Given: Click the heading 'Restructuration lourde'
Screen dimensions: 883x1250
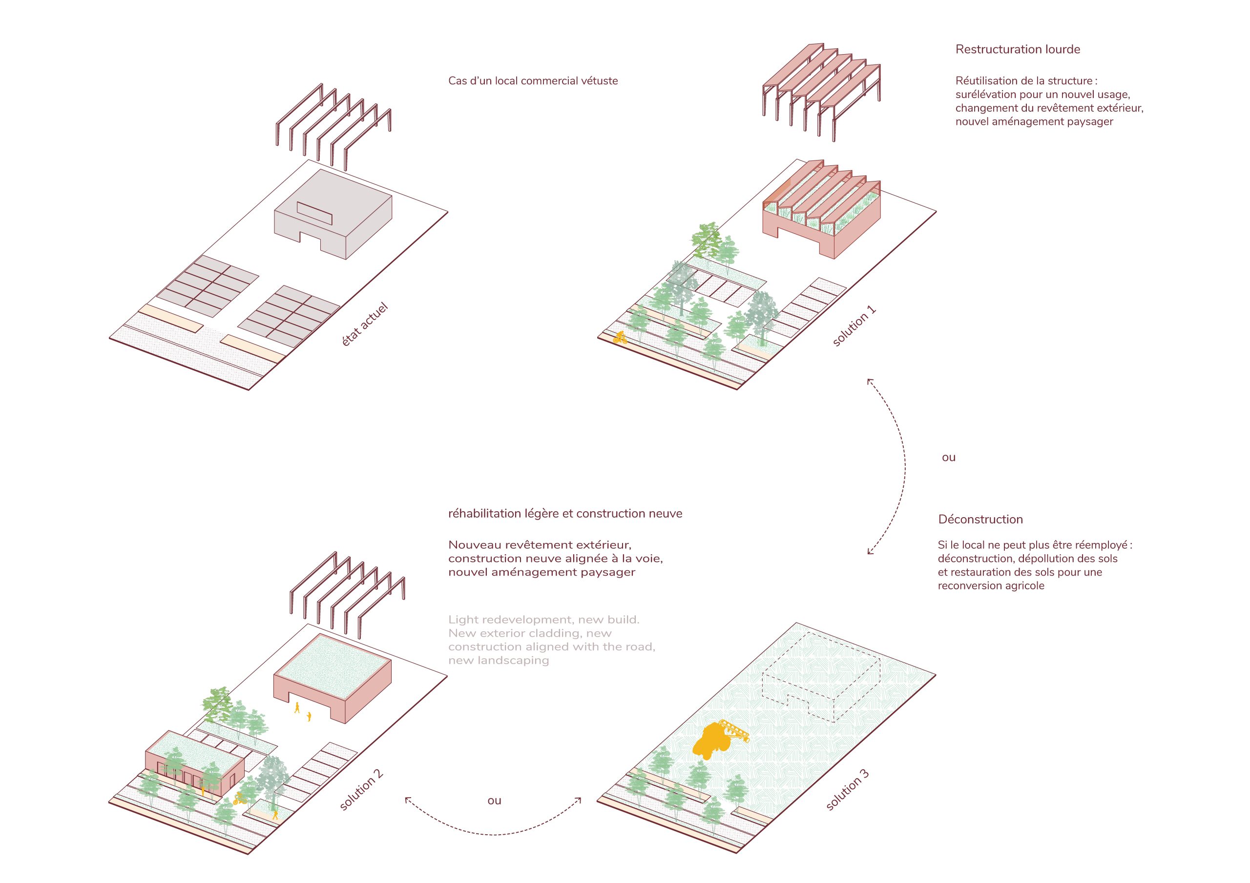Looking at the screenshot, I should coord(1018,49).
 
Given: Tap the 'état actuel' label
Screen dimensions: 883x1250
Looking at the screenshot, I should coord(365,325).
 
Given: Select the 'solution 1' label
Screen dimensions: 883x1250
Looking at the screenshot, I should coord(854,326).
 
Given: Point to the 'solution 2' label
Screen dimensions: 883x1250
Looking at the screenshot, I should coord(361,790).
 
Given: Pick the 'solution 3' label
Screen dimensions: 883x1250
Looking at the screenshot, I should coord(847,790).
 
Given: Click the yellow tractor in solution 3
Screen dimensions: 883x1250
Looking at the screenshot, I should coord(713,742).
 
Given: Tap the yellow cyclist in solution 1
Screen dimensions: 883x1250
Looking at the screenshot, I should coord(620,337).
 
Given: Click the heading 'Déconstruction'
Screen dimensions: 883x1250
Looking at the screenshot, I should coord(980,520).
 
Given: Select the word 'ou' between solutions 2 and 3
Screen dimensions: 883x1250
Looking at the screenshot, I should coord(494,800).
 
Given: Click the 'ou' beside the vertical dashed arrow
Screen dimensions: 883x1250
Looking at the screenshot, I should coord(948,458).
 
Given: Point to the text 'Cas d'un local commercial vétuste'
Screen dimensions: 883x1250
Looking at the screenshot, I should coord(533,81).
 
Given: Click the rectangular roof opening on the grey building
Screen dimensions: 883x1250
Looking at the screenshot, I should coord(314,213).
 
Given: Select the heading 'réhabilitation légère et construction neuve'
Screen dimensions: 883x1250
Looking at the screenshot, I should coord(565,514).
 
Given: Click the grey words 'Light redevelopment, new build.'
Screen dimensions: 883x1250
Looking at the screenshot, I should coord(543,620).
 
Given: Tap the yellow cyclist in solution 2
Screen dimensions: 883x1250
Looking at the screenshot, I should coord(238,799).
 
